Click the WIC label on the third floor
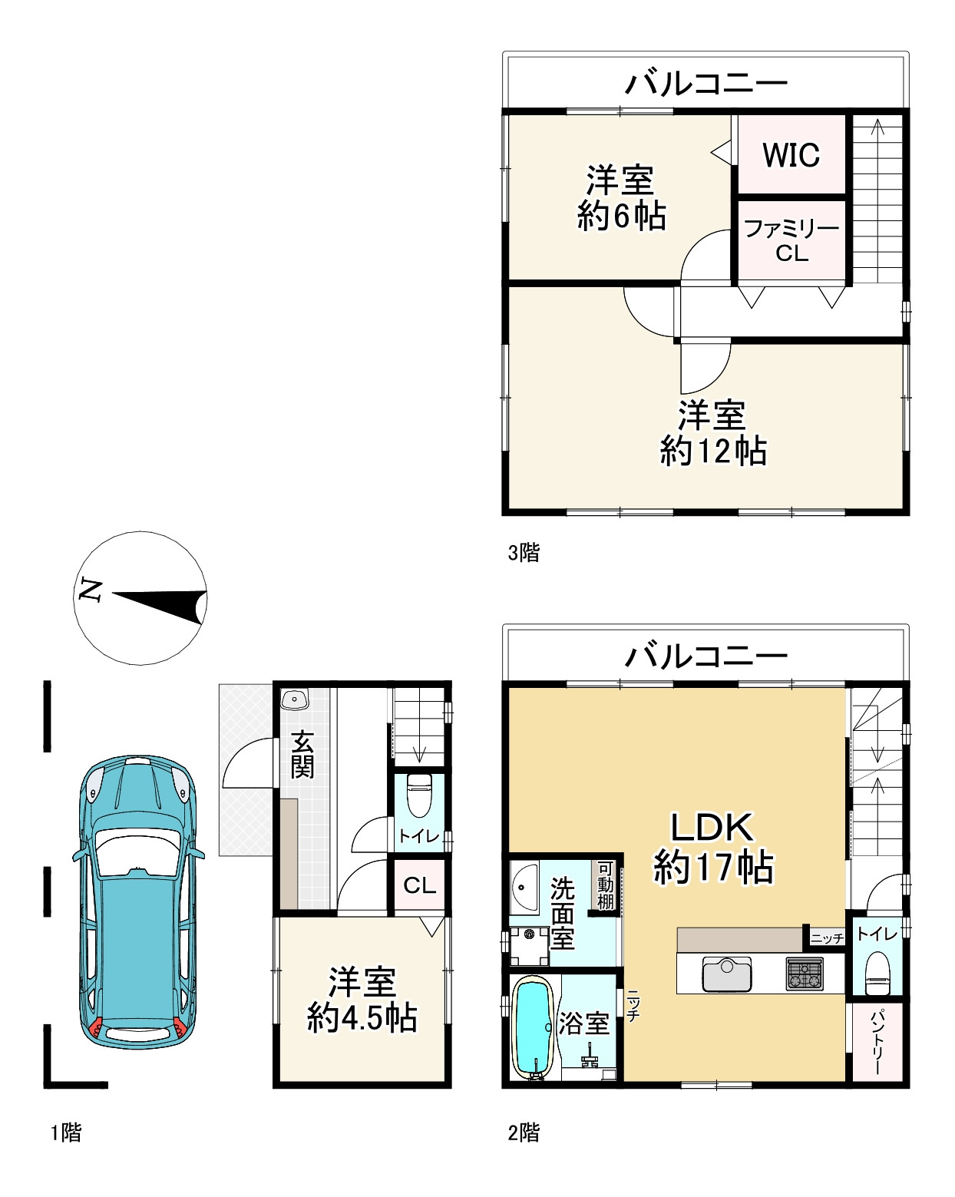[791, 154]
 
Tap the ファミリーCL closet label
[791, 240]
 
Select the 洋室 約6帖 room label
[621, 197]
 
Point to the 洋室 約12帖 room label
[713, 433]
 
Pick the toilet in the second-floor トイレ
[878, 973]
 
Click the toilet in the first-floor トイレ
[419, 795]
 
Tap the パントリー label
[876, 1042]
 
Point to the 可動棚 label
[605, 885]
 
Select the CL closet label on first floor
[419, 885]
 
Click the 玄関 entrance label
[302, 755]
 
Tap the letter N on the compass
[90, 590]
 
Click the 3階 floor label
[524, 553]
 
